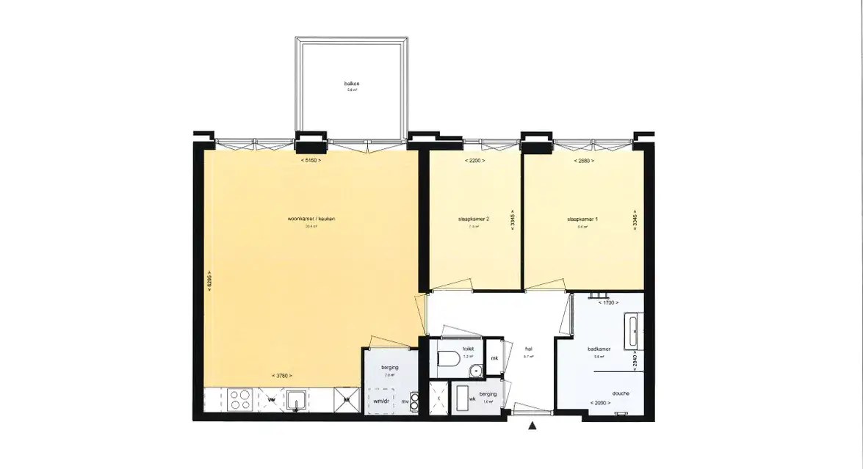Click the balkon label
[x=352, y=84]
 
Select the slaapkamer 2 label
[x=473, y=219]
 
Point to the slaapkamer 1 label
[x=582, y=219]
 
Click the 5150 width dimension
[x=311, y=160]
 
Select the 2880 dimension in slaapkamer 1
[x=584, y=160]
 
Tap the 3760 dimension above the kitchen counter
[x=282, y=376]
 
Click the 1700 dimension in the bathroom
[x=608, y=302]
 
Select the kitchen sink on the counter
[x=297, y=400]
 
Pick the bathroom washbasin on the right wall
[x=633, y=332]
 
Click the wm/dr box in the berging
[x=381, y=401]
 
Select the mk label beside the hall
[x=494, y=358]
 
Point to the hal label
[x=528, y=349]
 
